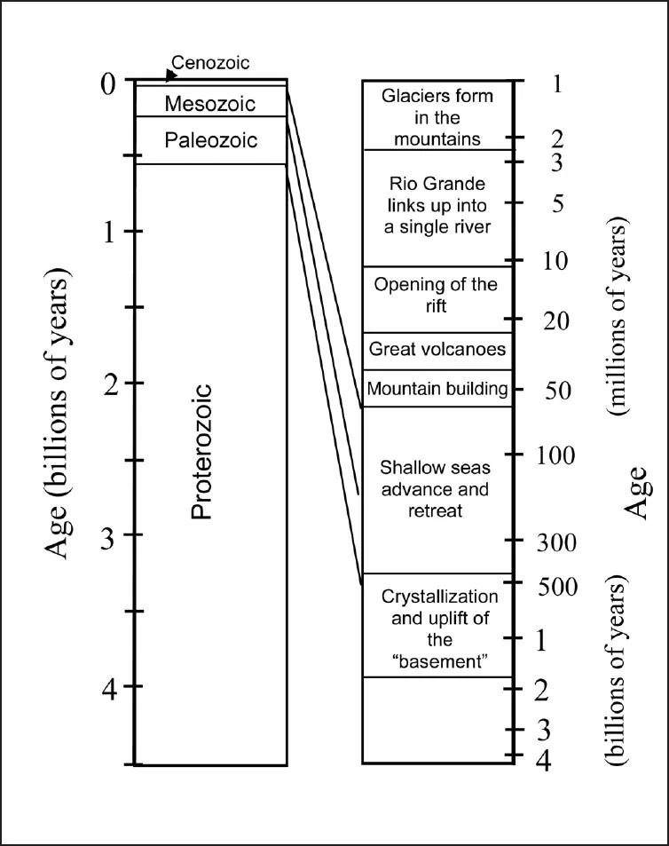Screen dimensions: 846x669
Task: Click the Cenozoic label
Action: [x=210, y=63]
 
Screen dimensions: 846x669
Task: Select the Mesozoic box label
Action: [x=210, y=104]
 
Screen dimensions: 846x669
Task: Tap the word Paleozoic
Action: [x=210, y=140]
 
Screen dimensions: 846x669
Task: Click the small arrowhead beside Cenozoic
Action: [x=171, y=75]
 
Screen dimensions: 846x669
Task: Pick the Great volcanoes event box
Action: [x=437, y=350]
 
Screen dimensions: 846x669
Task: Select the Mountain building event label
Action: [x=437, y=389]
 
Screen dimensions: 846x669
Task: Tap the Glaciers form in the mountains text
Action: [x=437, y=117]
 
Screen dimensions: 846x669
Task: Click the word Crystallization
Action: [x=439, y=597]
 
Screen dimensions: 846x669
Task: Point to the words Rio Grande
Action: [x=437, y=184]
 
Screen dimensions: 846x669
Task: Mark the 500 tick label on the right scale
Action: [x=558, y=587]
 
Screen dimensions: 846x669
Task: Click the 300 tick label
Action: [x=558, y=542]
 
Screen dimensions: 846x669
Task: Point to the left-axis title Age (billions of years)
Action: [x=58, y=416]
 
